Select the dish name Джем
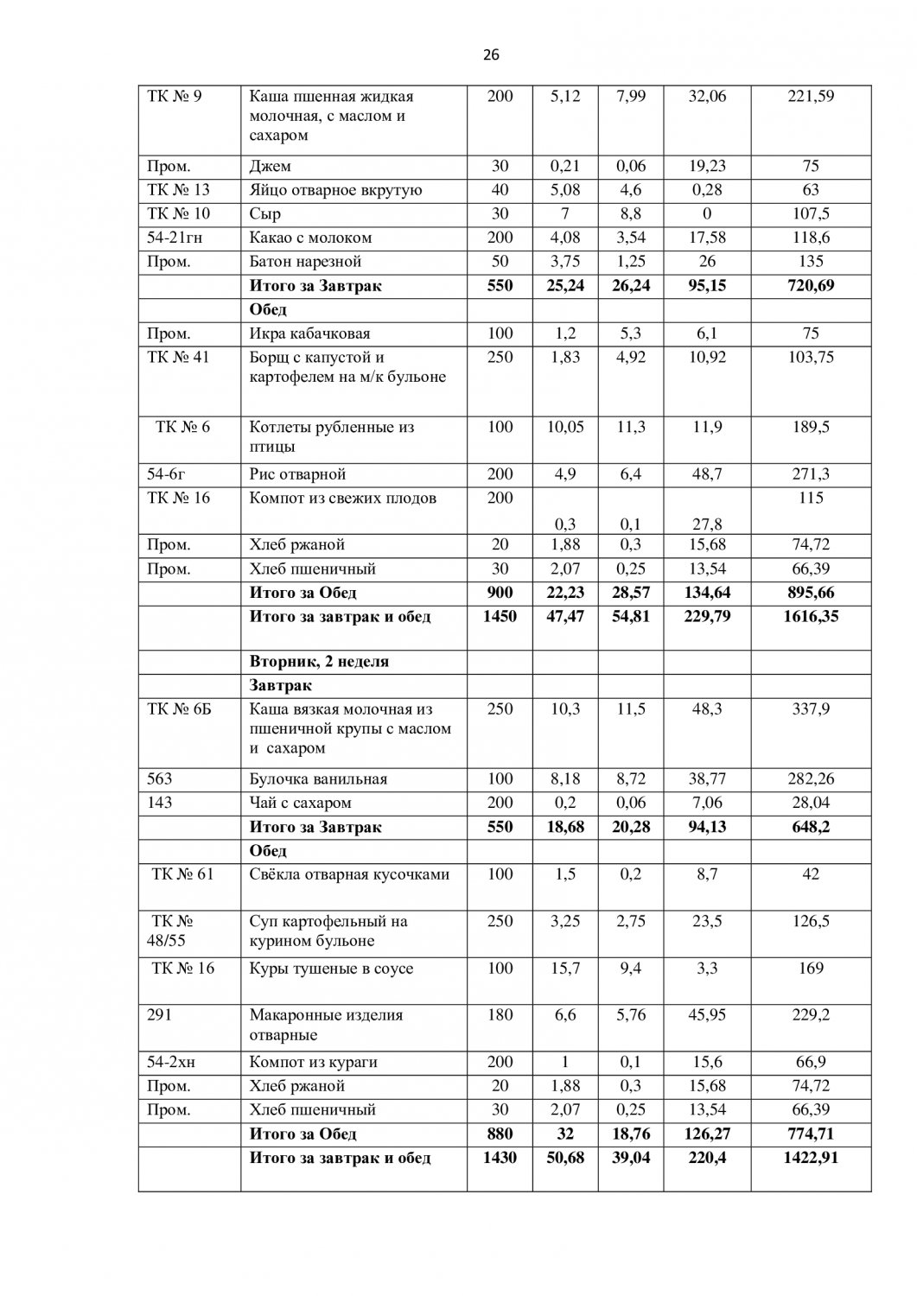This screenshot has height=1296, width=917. point(270,166)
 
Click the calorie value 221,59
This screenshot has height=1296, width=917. point(811,96)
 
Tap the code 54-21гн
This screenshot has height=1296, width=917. point(175,238)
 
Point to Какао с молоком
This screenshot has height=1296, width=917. point(310,238)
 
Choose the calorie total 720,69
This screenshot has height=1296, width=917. point(811,286)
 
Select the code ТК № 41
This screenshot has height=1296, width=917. point(179,357)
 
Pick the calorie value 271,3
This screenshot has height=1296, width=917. point(811,474)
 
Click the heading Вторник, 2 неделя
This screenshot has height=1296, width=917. point(319,662)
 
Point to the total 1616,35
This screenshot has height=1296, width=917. point(811,617)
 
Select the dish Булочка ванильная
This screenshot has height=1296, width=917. point(318,779)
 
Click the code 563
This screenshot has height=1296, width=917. point(161,779)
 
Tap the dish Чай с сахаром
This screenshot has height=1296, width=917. point(300,804)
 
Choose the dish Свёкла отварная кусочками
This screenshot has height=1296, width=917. point(349,874)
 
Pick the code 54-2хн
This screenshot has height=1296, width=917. point(172,1063)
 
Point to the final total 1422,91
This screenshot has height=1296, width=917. point(811,1158)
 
